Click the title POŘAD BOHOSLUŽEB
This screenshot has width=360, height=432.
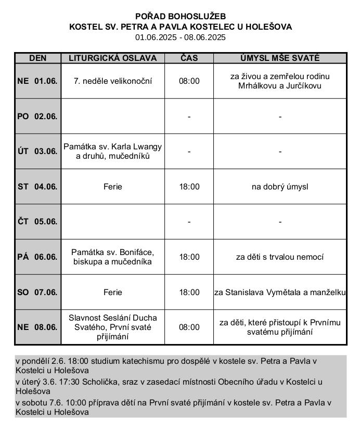181,17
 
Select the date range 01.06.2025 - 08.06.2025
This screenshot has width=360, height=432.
181,37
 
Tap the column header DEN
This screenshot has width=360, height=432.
37,58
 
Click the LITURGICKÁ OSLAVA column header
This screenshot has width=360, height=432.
113,58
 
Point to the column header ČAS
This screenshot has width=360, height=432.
189,58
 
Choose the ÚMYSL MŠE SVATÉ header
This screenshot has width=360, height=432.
280,58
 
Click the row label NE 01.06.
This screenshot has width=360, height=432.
37,81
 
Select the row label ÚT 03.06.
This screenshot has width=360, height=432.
37,151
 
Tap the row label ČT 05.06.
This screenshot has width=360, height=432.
37,222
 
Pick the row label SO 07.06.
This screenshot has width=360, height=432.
37,293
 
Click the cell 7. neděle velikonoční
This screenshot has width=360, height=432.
113,81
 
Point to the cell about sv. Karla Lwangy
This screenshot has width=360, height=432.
113,151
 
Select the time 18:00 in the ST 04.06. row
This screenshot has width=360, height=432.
189,186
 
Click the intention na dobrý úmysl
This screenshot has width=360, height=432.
280,186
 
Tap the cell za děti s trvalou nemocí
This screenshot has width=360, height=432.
280,257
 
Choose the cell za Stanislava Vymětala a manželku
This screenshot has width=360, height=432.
280,293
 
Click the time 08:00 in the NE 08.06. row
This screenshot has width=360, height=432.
189,327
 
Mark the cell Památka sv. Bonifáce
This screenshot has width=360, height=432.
113,257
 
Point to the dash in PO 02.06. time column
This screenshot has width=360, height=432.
189,117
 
